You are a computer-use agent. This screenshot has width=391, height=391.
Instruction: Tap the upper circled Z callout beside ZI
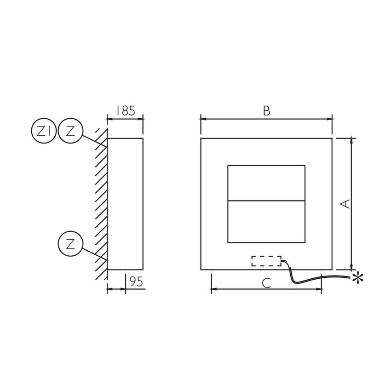70,131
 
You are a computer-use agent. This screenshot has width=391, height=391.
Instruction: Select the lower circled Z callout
70,244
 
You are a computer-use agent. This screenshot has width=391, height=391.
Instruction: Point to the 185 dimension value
125,111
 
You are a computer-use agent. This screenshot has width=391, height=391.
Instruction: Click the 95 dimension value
135,282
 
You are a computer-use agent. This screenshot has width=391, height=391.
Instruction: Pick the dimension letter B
266,111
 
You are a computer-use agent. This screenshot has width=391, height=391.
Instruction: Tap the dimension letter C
266,283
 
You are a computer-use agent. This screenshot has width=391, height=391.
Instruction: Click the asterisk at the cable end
357,277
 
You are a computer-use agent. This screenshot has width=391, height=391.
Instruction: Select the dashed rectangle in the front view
266,261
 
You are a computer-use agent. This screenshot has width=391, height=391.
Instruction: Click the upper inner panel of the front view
266,183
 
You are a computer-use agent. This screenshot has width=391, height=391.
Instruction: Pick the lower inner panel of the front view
266,222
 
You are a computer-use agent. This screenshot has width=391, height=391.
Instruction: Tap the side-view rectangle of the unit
125,204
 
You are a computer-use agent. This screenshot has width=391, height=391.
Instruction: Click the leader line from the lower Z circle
94,254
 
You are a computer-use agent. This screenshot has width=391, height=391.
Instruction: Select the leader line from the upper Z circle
94,141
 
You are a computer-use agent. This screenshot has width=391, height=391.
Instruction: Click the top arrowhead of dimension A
352,140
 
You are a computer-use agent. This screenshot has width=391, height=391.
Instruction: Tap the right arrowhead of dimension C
320,289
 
